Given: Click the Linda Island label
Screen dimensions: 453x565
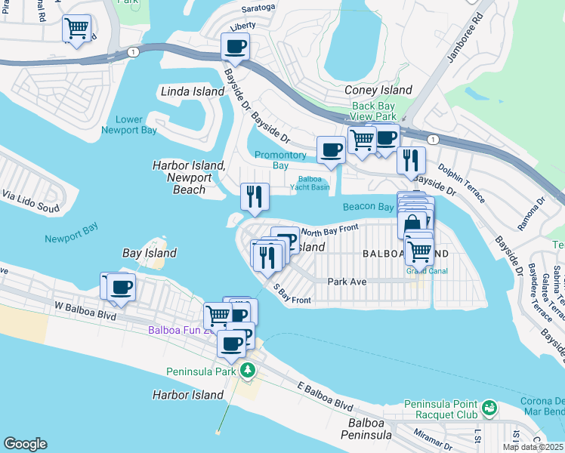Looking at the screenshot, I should (193, 91).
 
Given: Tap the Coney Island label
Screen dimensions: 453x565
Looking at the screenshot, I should (378, 90).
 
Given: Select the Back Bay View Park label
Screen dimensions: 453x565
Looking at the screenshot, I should (374, 112).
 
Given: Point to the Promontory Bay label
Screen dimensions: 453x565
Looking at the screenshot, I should (280, 160).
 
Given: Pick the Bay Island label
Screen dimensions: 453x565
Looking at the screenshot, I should (150, 253).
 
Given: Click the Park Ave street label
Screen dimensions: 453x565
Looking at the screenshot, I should (347, 281).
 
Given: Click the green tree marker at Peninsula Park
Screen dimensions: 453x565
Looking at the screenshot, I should (246, 370).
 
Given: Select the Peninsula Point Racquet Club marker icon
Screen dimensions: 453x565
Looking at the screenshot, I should (489, 408).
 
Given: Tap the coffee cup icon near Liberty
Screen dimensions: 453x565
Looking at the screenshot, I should (235, 47).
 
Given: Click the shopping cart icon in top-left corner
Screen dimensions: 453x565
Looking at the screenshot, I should (76, 29).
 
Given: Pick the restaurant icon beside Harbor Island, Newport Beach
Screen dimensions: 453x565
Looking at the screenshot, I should (255, 196).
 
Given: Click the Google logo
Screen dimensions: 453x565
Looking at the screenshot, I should (25, 444).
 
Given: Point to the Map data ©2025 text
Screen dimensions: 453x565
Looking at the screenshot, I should (533, 447).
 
